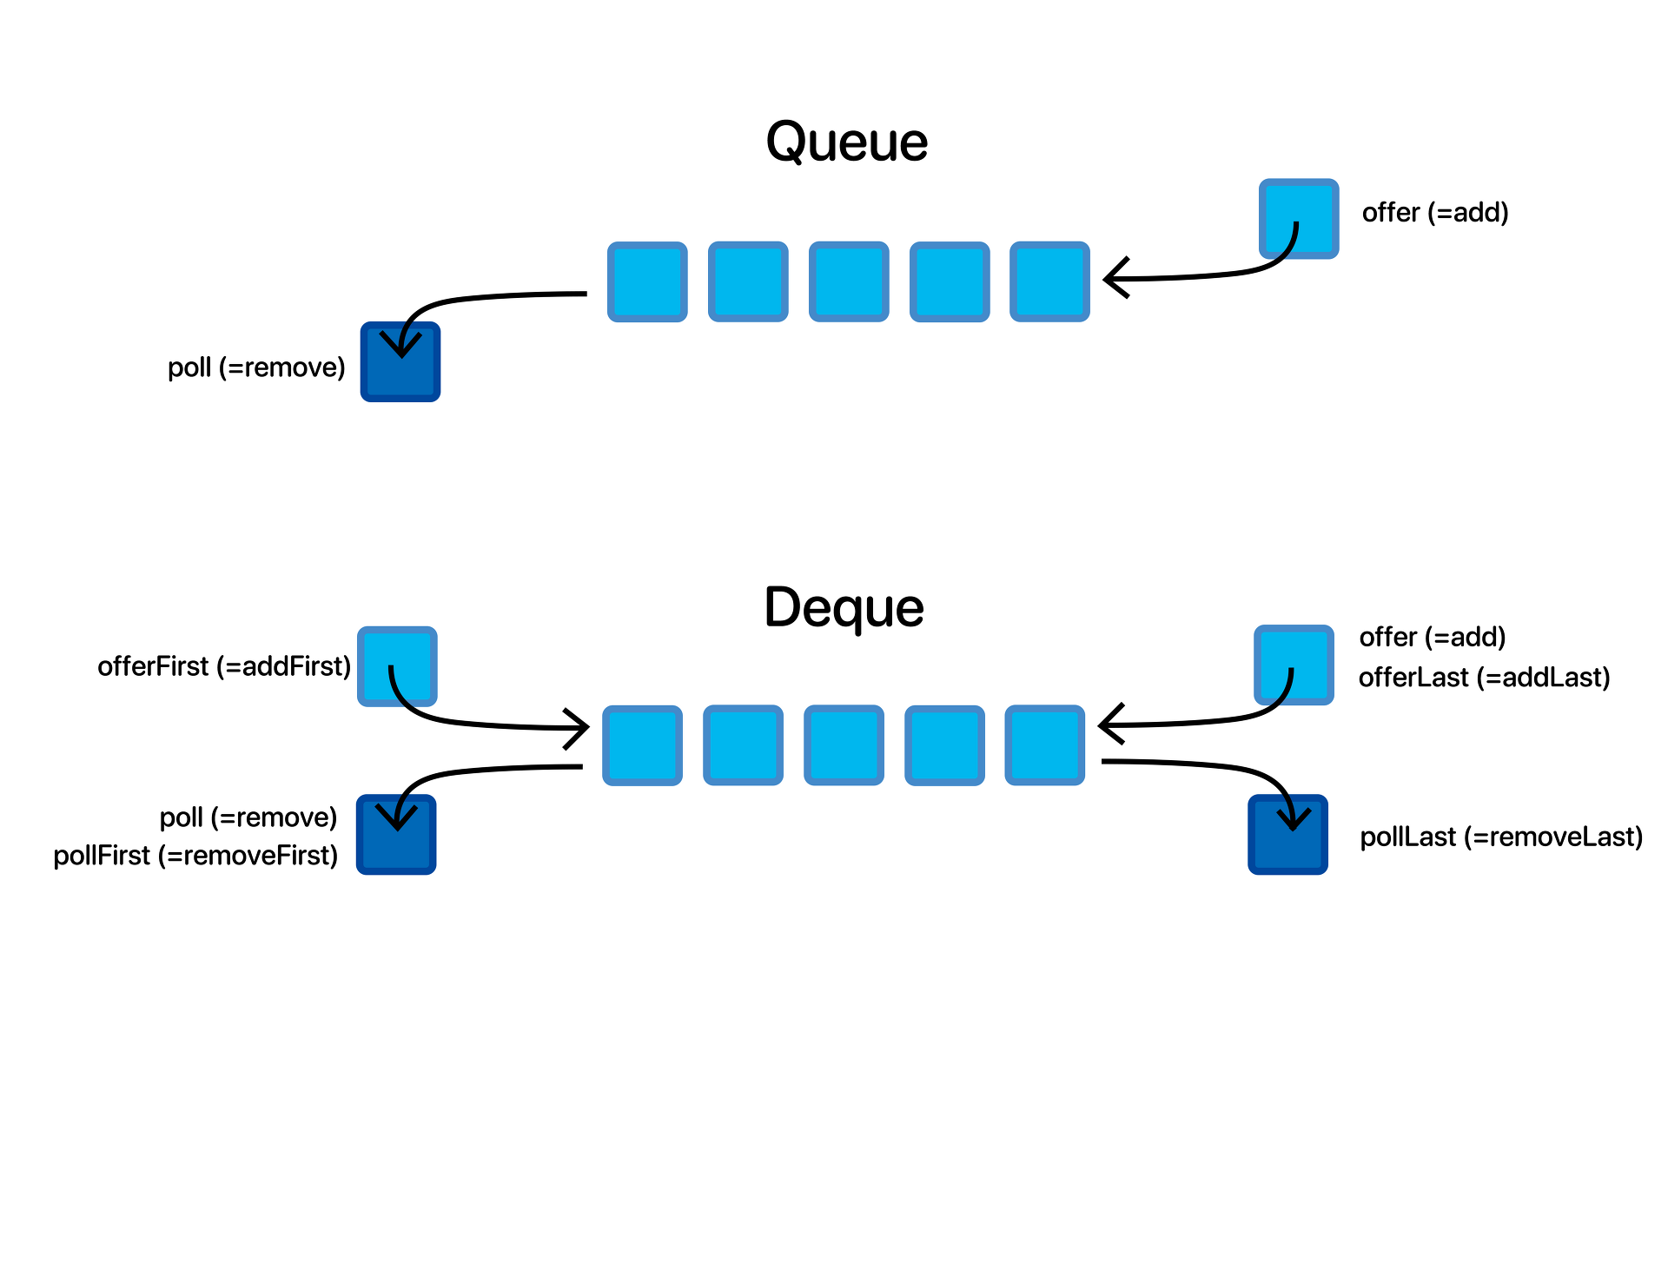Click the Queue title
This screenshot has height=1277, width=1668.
pyautogui.click(x=846, y=142)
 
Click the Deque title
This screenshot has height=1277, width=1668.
pyautogui.click(x=844, y=607)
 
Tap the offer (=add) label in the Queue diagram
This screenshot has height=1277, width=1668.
pyautogui.click(x=1434, y=213)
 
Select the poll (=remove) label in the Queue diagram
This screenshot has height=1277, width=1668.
pyautogui.click(x=256, y=367)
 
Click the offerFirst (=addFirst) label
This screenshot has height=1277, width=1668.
pyautogui.click(x=224, y=666)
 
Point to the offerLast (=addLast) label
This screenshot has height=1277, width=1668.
pyautogui.click(x=1484, y=678)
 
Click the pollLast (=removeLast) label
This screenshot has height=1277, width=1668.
pyautogui.click(x=1500, y=837)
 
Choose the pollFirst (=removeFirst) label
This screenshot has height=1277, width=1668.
pyautogui.click(x=195, y=856)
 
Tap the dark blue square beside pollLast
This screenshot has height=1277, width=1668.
pyautogui.click(x=1287, y=835)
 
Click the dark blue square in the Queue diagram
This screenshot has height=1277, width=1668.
pyautogui.click(x=400, y=362)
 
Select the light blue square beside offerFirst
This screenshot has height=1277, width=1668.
pyautogui.click(x=397, y=666)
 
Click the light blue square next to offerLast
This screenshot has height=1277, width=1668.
pyautogui.click(x=1294, y=665)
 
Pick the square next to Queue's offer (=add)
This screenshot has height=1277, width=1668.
pyautogui.click(x=1299, y=219)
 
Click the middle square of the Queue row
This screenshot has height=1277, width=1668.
pyautogui.click(x=849, y=281)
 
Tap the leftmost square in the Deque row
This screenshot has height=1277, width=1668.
pyautogui.click(x=642, y=745)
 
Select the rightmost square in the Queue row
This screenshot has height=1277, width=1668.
pyautogui.click(x=1049, y=281)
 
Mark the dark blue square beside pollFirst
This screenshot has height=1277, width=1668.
pyautogui.click(x=396, y=835)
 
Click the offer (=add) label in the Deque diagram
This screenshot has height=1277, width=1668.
pyautogui.click(x=1432, y=638)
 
